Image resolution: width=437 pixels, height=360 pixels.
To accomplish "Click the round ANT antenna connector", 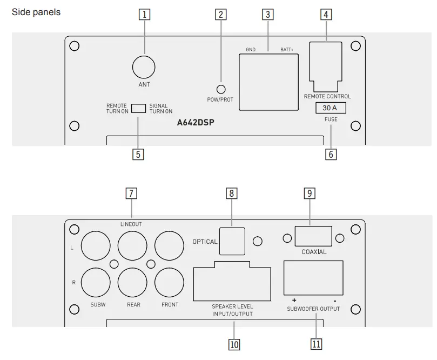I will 144,68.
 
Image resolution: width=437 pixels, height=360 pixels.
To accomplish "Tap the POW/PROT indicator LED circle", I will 221,90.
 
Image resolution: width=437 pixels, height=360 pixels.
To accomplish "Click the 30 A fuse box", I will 330,108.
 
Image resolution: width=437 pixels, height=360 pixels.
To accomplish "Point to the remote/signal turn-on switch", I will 139,108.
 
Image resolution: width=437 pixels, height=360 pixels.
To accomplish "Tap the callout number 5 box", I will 139,154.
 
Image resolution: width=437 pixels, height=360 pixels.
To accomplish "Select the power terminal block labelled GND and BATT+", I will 269,83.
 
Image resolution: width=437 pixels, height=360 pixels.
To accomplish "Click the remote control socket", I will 327,65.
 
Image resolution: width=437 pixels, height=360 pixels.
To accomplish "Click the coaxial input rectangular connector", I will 313,237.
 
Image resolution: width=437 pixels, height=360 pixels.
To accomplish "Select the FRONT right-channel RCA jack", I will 169,281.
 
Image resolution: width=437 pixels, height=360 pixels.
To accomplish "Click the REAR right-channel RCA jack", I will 132,281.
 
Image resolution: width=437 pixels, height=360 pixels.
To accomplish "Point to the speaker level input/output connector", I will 232,281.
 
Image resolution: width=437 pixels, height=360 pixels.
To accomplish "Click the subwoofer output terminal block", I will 313,276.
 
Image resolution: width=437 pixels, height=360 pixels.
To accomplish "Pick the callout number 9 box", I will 309,194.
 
